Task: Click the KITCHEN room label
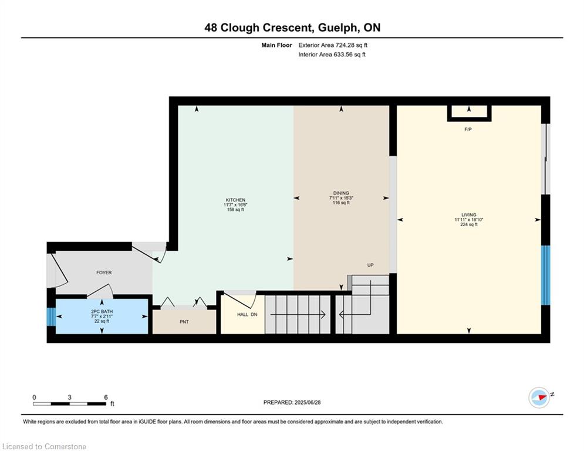click(235, 200)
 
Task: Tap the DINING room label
click(341, 193)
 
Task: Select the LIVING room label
click(469, 215)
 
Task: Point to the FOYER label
click(104, 272)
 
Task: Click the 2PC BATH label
click(102, 312)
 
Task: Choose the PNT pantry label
click(184, 322)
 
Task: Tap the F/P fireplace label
click(468, 129)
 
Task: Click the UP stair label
click(370, 265)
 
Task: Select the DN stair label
click(254, 315)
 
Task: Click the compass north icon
click(539, 398)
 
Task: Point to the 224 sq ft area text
click(469, 224)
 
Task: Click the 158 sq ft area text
click(235, 210)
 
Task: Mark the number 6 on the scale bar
click(106, 398)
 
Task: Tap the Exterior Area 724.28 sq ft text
click(333, 45)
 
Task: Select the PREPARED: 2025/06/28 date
click(292, 402)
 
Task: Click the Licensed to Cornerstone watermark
click(44, 446)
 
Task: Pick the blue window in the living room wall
click(545, 275)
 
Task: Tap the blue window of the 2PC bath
click(51, 317)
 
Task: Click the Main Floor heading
click(276, 45)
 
